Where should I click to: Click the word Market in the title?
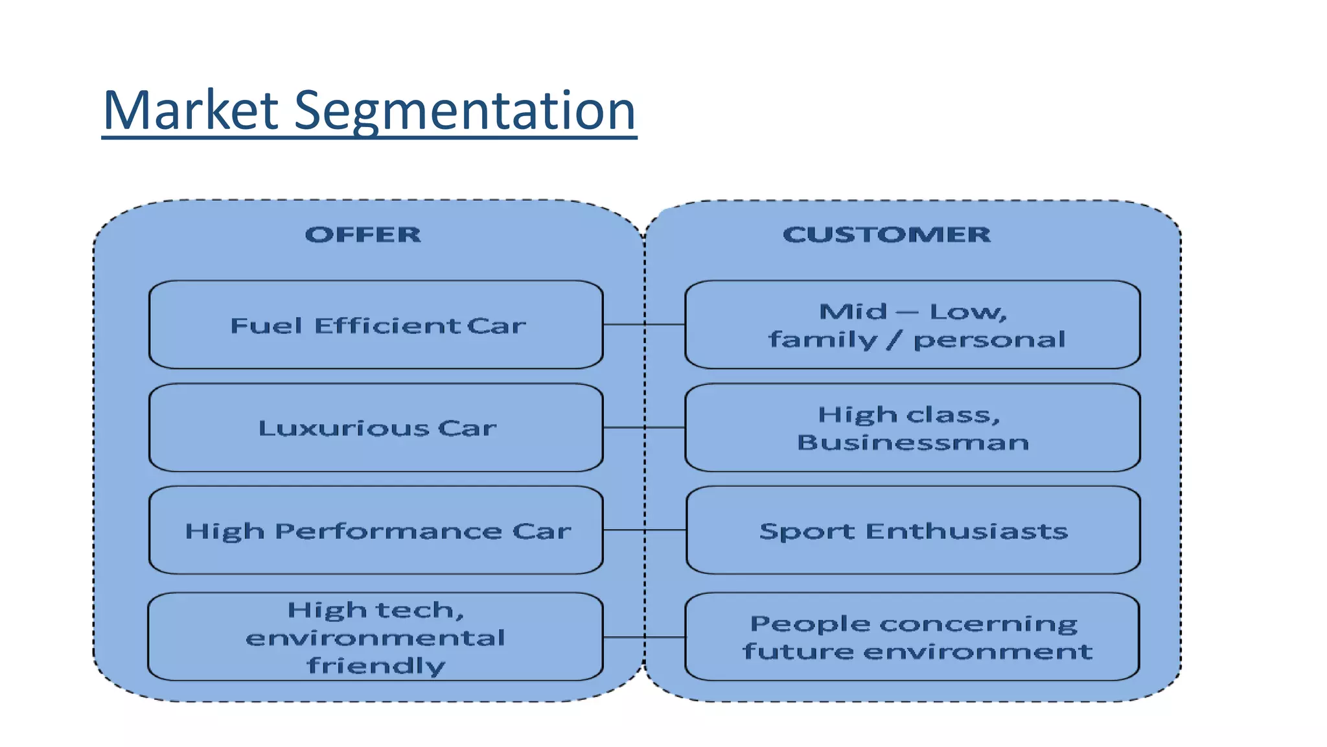190,110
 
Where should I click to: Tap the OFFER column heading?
363,234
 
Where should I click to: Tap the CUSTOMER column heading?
886,234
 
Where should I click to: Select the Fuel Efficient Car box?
376,325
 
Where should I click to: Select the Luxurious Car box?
376,428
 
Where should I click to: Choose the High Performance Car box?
376,530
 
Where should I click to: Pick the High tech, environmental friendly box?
376,637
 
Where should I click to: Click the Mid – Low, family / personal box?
912,325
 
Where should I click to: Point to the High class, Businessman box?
912,428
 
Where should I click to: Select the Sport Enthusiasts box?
912,530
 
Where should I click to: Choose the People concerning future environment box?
912,637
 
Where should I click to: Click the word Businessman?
912,442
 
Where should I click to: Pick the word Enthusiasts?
966,531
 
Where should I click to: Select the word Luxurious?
343,428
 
